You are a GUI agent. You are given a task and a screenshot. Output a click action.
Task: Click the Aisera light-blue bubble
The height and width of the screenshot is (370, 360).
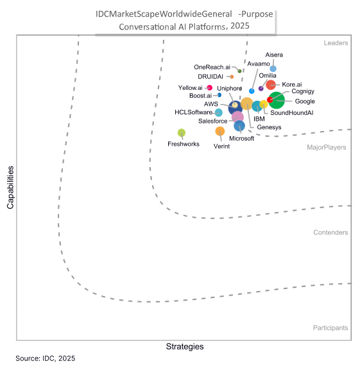tap(273, 69)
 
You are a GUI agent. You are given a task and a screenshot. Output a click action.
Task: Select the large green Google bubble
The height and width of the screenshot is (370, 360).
tap(277, 100)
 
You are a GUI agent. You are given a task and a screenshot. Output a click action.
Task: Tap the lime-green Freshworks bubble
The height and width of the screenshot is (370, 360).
tap(182, 133)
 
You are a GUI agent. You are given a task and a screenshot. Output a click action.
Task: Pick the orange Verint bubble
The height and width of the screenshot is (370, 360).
tap(220, 132)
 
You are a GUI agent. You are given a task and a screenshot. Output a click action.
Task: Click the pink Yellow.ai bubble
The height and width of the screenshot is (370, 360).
tap(209, 87)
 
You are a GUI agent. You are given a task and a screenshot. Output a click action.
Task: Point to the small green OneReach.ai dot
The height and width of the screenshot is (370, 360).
tap(239, 70)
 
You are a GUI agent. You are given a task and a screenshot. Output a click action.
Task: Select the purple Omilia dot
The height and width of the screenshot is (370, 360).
tap(261, 88)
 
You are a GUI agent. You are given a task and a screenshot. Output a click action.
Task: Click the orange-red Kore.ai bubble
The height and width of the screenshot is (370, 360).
tap(271, 85)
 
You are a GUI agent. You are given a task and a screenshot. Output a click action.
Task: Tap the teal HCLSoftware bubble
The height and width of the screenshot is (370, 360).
tap(219, 113)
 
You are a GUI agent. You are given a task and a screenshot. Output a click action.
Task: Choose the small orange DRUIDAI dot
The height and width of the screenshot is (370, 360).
tap(232, 76)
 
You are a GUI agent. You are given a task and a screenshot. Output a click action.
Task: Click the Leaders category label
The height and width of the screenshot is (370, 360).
tap(336, 43)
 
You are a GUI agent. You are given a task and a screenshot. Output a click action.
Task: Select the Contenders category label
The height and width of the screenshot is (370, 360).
tap(330, 233)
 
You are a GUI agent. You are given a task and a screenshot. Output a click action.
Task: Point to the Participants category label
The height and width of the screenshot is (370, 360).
tap(330, 328)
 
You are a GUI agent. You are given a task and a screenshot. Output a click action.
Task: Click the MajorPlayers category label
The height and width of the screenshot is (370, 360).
tap(327, 147)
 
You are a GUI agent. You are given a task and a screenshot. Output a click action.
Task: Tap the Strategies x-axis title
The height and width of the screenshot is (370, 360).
tap(185, 346)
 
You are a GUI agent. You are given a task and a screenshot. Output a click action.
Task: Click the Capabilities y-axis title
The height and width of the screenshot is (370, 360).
tap(10, 188)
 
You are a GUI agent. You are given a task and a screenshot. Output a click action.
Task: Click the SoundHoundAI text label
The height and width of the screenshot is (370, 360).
tap(291, 113)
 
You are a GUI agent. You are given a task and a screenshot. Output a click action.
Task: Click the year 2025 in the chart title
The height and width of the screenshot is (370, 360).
tap(239, 26)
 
